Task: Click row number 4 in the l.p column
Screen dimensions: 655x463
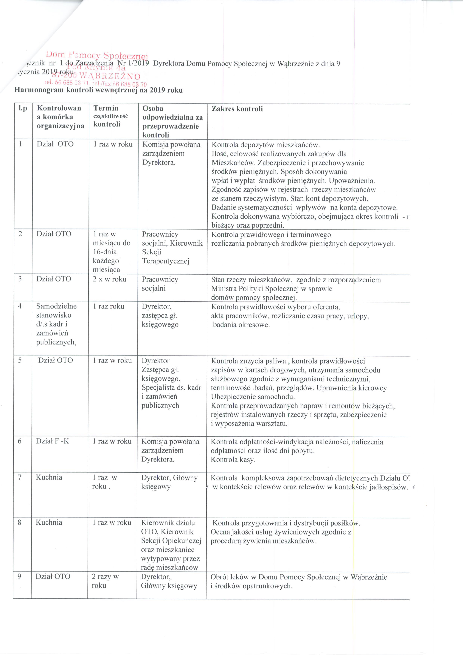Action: pyautogui.click(x=20, y=306)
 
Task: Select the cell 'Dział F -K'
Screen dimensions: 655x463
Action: pyautogui.click(x=52, y=441)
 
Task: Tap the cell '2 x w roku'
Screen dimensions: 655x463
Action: pyautogui.click(x=109, y=279)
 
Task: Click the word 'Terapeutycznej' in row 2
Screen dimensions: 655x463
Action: pyautogui.click(x=166, y=261)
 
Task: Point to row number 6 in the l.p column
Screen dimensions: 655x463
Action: pyautogui.click(x=20, y=441)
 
